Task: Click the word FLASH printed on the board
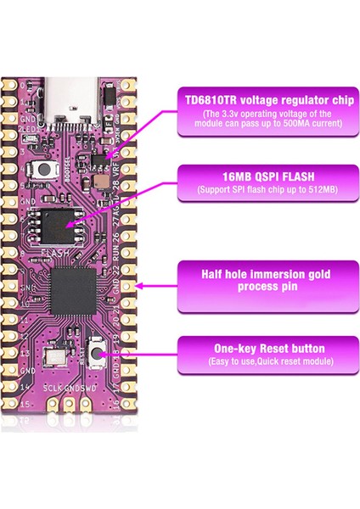(54, 253)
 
